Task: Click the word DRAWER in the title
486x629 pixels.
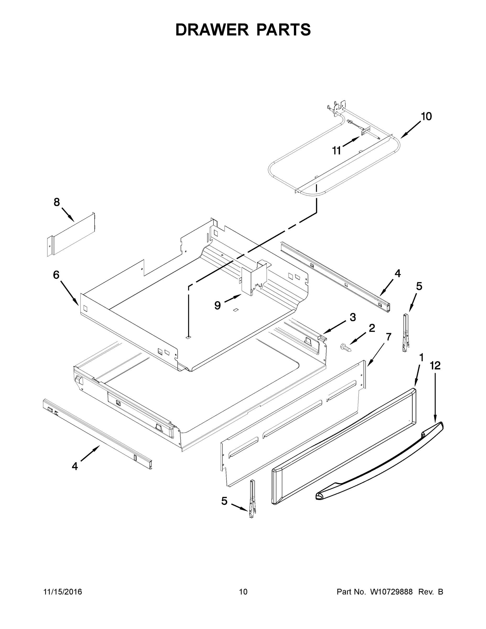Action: tap(212, 30)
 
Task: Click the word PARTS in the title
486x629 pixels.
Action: tap(283, 30)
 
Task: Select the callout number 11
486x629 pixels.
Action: tap(336, 150)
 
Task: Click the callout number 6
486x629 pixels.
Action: tap(56, 275)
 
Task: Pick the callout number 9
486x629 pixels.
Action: tap(217, 305)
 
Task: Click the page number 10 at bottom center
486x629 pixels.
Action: tap(243, 592)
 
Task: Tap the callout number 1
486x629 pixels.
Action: tap(421, 358)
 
